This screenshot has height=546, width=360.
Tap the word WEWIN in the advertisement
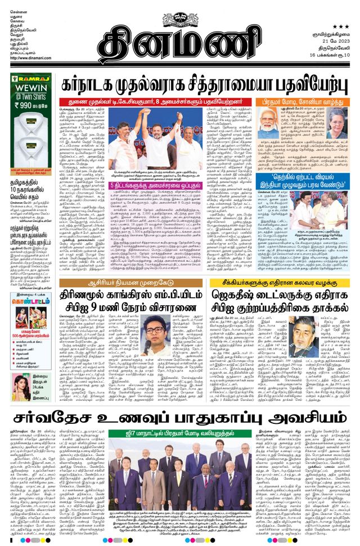tap(33, 90)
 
